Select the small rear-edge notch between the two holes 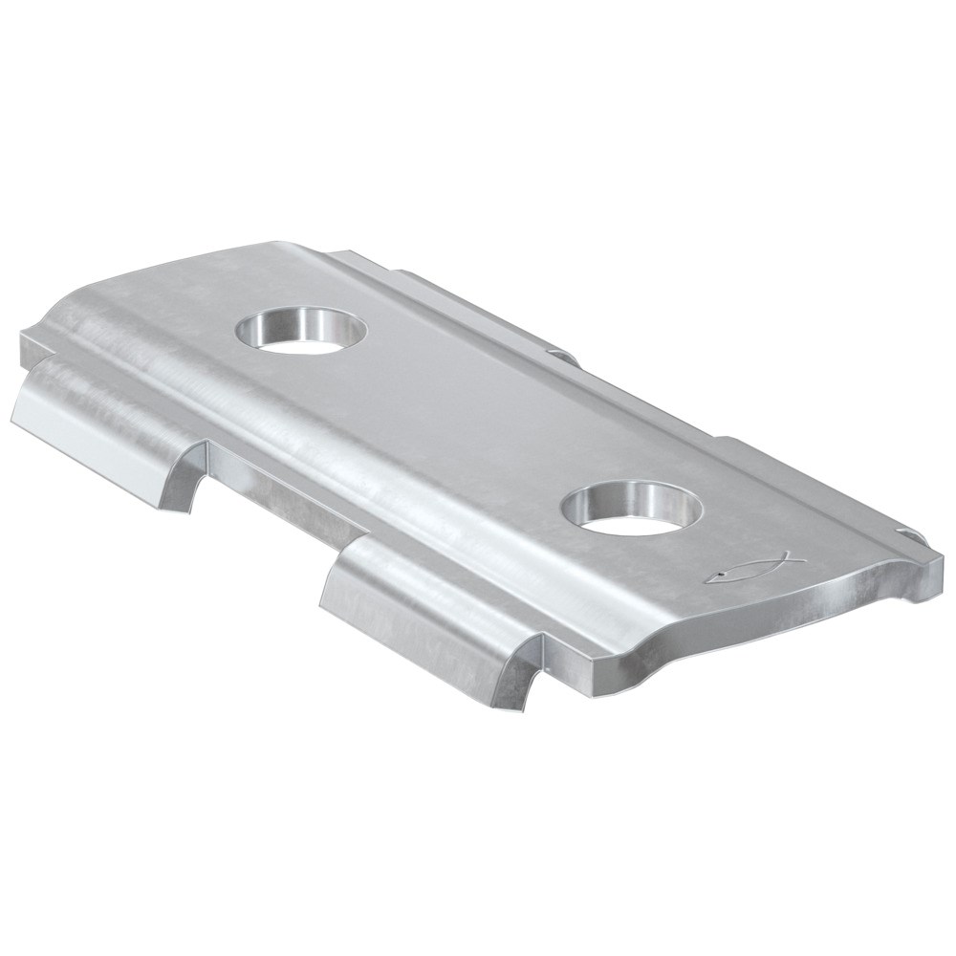pos(564,358)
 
